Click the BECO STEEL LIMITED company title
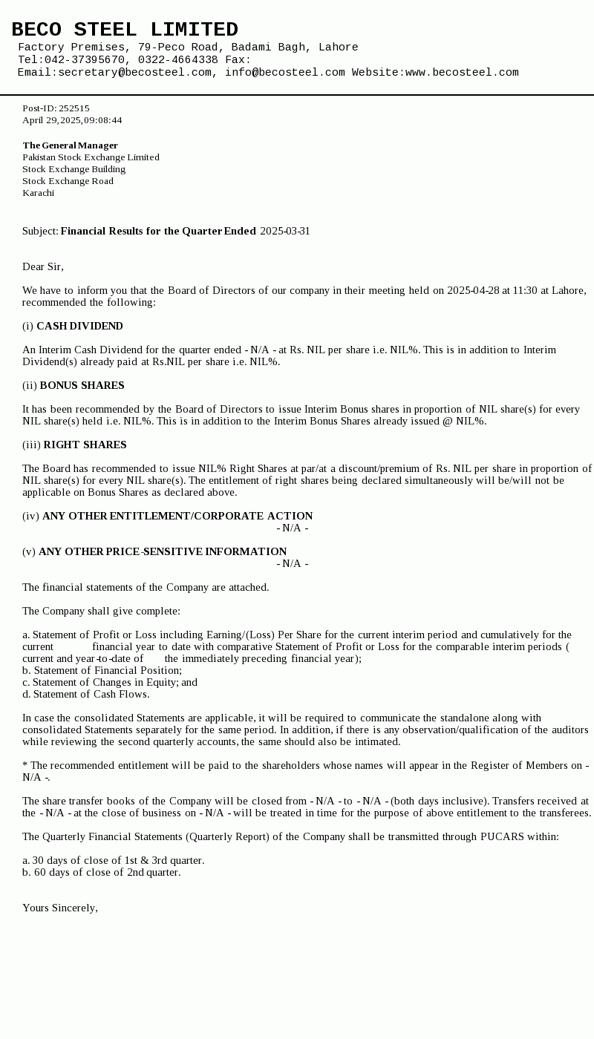pos(125,30)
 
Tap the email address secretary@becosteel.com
pos(134,73)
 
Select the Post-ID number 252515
pos(74,108)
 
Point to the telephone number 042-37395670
pos(84,60)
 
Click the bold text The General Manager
pos(70,145)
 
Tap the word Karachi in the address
pos(38,193)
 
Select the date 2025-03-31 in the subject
pos(285,232)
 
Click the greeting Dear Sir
pos(42,267)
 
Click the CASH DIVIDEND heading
pos(79,327)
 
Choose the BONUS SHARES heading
pos(82,386)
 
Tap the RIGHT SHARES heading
pos(85,445)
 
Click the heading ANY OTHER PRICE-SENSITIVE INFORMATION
pos(163,552)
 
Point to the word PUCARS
pos(502,837)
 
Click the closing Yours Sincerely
pos(59,908)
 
